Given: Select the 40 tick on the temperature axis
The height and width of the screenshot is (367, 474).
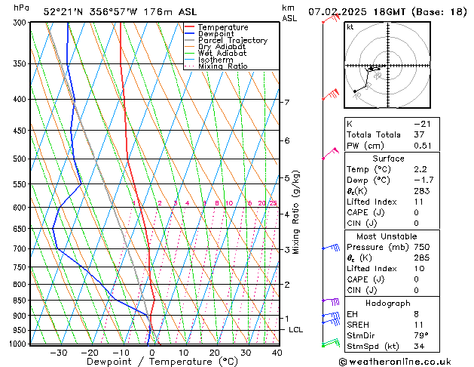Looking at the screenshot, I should click(x=277, y=352).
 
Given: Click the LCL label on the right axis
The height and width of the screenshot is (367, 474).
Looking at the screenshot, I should click(x=296, y=330).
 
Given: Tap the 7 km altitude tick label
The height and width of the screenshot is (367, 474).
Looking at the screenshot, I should click(x=286, y=102).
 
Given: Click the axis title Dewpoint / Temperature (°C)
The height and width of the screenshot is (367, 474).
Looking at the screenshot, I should click(x=152, y=361).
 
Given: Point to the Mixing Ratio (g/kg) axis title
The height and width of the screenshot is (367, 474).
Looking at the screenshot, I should click(x=297, y=212).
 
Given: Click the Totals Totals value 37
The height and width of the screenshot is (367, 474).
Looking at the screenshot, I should click(x=420, y=134).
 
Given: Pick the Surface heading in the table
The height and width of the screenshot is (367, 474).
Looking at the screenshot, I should click(x=388, y=159).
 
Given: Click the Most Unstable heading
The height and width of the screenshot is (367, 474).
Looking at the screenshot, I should click(x=388, y=236).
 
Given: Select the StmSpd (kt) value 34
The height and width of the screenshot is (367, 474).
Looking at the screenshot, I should click(x=420, y=347).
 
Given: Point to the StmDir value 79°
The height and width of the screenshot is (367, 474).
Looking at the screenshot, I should click(x=421, y=335).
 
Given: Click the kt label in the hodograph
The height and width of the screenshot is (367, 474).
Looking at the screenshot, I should click(x=350, y=26).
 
